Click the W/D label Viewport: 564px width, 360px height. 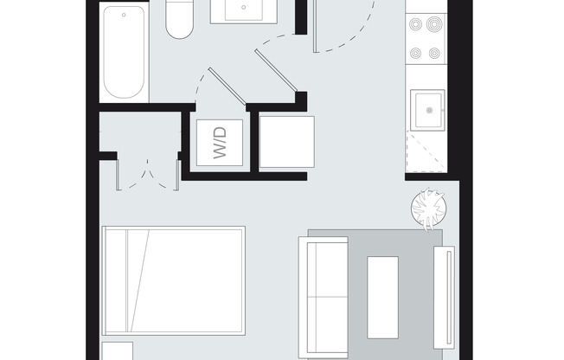(x=219, y=144)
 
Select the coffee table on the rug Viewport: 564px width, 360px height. (x=382, y=296)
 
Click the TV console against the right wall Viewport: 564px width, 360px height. (x=447, y=294)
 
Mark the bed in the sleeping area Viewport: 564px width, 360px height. (x=173, y=282)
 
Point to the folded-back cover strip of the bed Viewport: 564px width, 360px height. (x=122, y=282)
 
